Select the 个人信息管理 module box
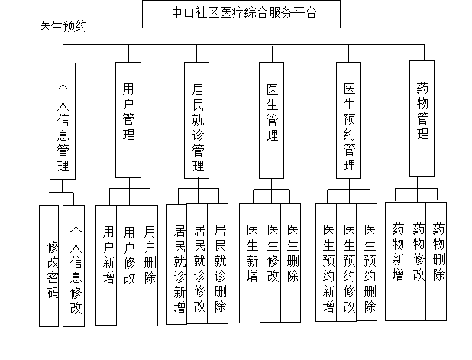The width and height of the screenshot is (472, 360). point(63,121)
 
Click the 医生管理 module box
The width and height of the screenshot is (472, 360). point(272,118)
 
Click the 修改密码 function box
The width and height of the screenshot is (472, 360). point(50,264)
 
